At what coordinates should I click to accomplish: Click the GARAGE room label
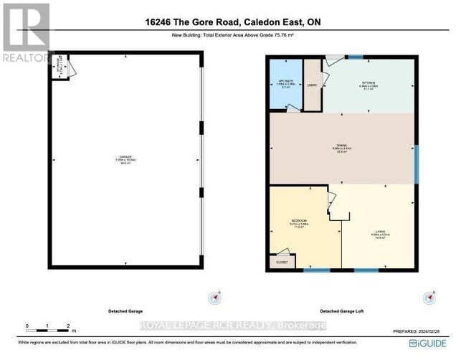point(125,158)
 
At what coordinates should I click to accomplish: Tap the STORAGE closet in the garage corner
point(61,69)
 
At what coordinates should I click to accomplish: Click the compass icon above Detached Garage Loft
point(430,296)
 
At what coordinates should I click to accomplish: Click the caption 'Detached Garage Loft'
point(343,312)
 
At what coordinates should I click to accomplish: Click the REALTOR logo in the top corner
point(27,33)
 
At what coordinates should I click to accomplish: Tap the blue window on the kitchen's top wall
point(354,56)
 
